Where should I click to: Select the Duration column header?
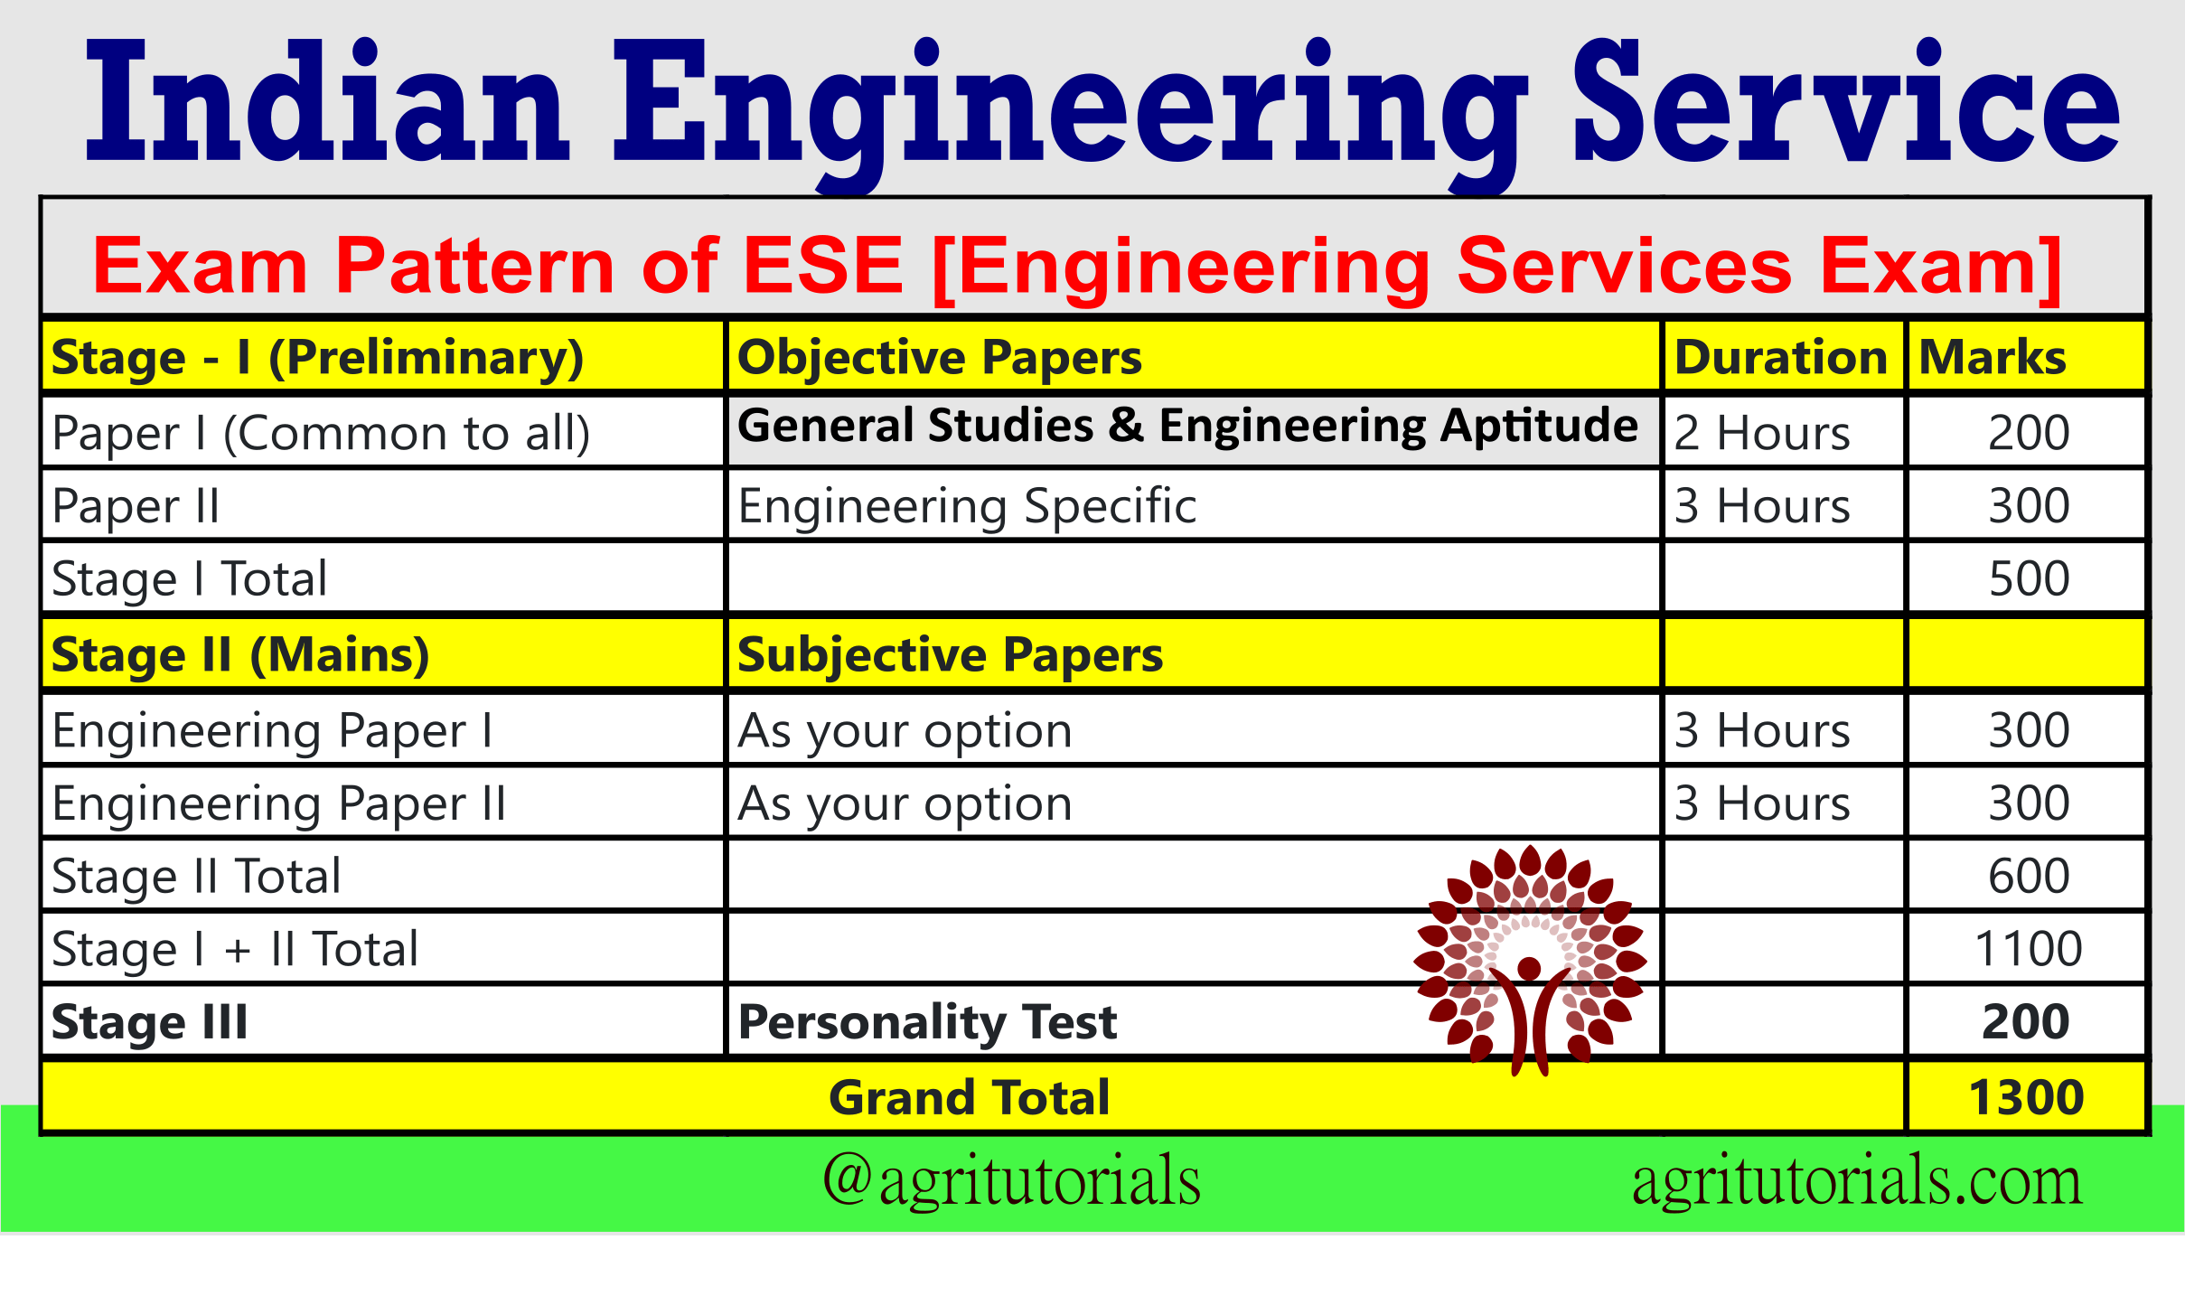[x=1780, y=357]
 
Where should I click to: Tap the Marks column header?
[x=1992, y=357]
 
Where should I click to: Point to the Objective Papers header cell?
[x=940, y=357]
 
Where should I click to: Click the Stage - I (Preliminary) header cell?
[x=317, y=357]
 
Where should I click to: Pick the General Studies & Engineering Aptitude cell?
[x=1187, y=426]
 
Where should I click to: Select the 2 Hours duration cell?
[x=1762, y=433]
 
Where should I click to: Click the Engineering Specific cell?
[x=967, y=505]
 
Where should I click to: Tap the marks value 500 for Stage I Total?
[x=2029, y=578]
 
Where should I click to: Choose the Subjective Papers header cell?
[x=950, y=654]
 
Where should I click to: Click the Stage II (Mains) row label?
[x=240, y=654]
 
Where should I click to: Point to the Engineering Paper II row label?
[x=278, y=803]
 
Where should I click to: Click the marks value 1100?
[x=2029, y=949]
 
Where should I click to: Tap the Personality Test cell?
[x=927, y=1022]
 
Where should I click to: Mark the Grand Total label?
[x=969, y=1097]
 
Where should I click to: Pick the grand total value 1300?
[x=2026, y=1097]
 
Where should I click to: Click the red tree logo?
[x=1529, y=958]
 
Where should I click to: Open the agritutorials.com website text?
[x=1857, y=1181]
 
